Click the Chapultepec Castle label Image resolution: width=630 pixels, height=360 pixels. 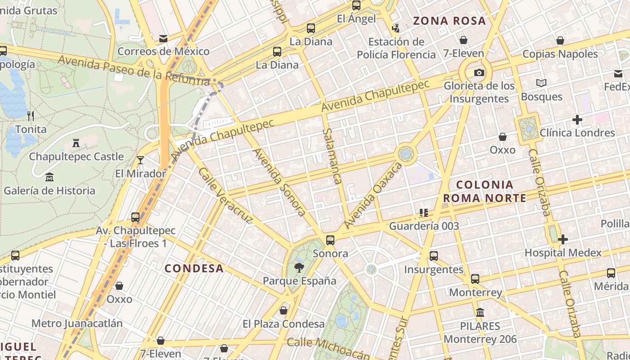click(x=76, y=157)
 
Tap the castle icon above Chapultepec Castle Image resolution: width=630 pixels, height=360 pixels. click(x=76, y=143)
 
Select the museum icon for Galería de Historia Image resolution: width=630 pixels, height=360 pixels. click(x=49, y=177)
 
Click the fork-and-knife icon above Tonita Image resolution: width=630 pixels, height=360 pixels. click(x=31, y=116)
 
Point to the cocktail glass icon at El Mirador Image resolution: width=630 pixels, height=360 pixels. click(x=140, y=160)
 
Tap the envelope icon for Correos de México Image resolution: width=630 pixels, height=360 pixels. click(x=163, y=39)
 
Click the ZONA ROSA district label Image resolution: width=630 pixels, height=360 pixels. click(x=450, y=21)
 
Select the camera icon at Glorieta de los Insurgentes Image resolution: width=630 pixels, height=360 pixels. click(x=479, y=72)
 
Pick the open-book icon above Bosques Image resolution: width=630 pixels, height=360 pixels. click(x=541, y=83)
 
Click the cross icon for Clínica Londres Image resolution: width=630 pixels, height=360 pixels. click(x=577, y=120)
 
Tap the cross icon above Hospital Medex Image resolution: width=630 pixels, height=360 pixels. click(x=563, y=239)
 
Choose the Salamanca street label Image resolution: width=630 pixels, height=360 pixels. click(x=332, y=156)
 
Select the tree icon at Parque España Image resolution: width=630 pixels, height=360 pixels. click(x=299, y=268)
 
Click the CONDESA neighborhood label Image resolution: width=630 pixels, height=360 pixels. click(x=194, y=269)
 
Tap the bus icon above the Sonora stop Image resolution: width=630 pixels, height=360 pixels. click(x=330, y=240)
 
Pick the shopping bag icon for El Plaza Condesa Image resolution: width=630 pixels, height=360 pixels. click(x=283, y=310)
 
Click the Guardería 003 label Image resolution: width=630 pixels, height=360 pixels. click(x=424, y=226)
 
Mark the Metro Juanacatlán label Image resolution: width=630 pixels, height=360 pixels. click(x=77, y=323)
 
